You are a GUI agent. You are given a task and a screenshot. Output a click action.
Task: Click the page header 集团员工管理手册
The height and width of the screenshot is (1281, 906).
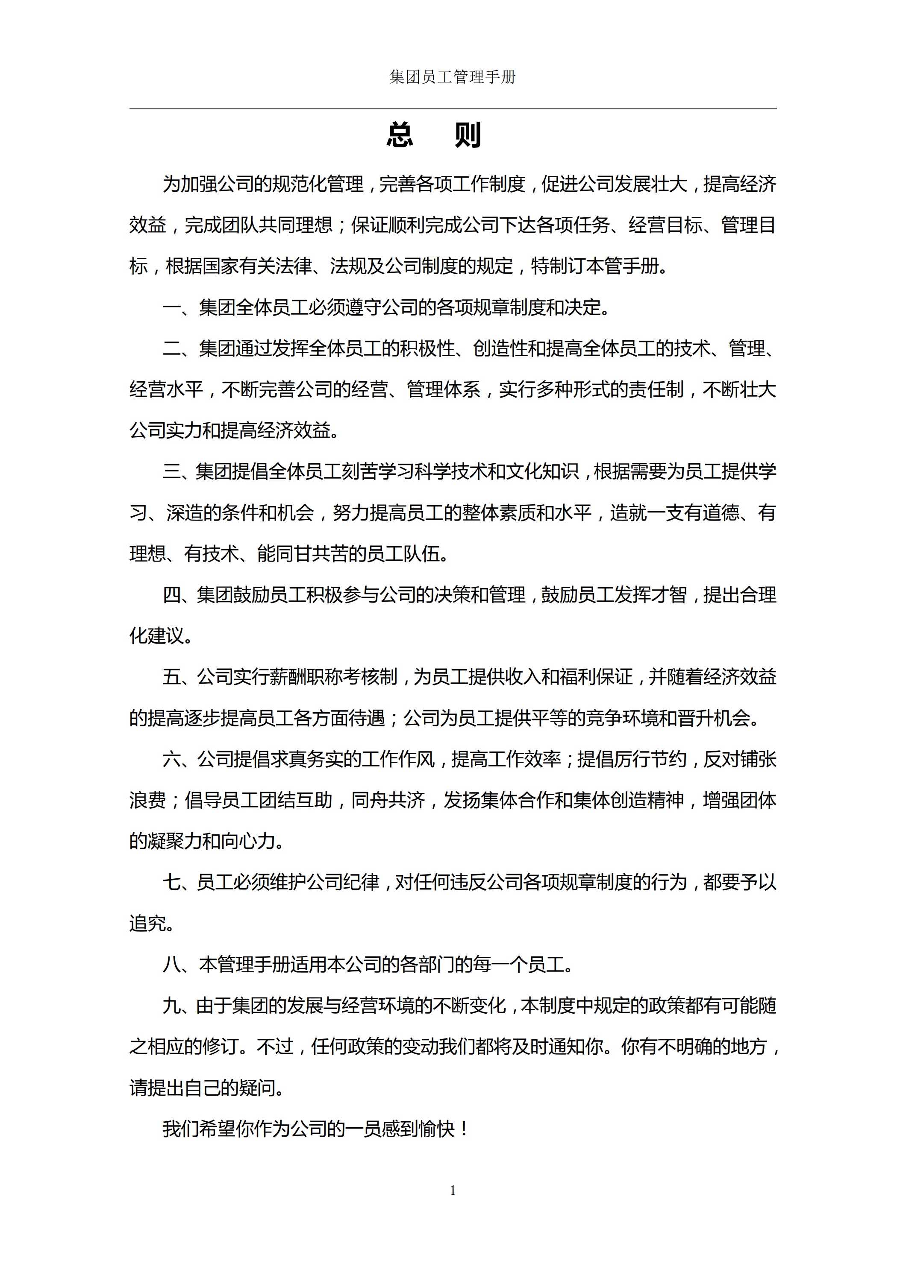(x=452, y=77)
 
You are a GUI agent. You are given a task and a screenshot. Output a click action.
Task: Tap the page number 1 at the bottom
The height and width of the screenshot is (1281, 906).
(x=453, y=1190)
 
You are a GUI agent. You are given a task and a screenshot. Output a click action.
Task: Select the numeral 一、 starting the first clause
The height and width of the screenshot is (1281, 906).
(x=177, y=307)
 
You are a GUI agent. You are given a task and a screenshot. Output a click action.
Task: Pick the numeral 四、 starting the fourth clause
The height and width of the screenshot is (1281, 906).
(x=176, y=595)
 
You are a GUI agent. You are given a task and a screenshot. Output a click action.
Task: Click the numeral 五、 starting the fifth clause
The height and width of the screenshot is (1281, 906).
(x=176, y=677)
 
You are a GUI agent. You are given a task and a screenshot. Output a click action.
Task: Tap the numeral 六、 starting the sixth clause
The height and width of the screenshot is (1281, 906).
(x=176, y=759)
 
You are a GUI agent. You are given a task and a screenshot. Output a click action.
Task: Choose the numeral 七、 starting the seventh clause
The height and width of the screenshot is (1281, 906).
(x=176, y=883)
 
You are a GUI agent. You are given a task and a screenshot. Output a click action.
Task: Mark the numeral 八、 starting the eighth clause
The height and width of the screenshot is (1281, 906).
(x=177, y=965)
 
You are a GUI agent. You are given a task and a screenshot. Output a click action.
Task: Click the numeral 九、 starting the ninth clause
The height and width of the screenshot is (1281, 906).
(x=176, y=1006)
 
